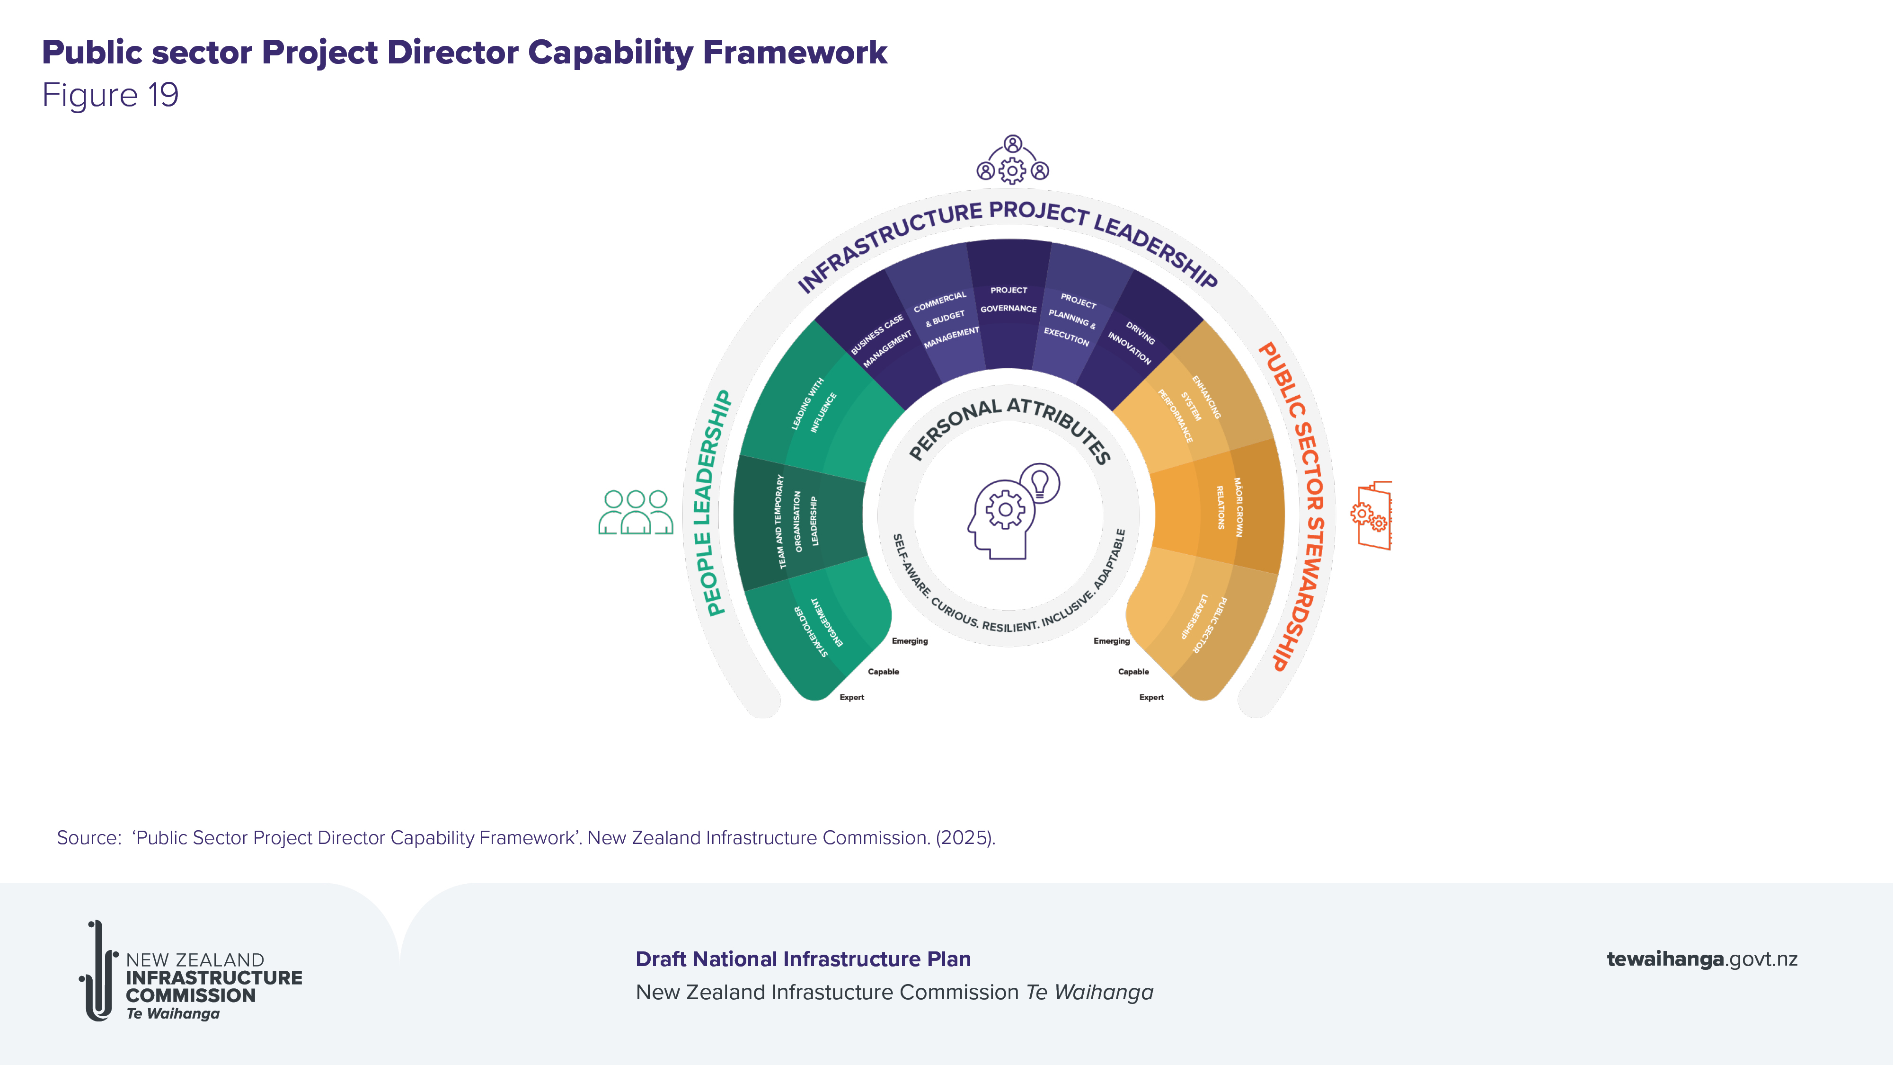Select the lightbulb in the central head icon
1040,483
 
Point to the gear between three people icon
1012,170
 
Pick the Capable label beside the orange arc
1133,672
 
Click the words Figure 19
110,96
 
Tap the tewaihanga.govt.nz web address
1702,959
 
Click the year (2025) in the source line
965,838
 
